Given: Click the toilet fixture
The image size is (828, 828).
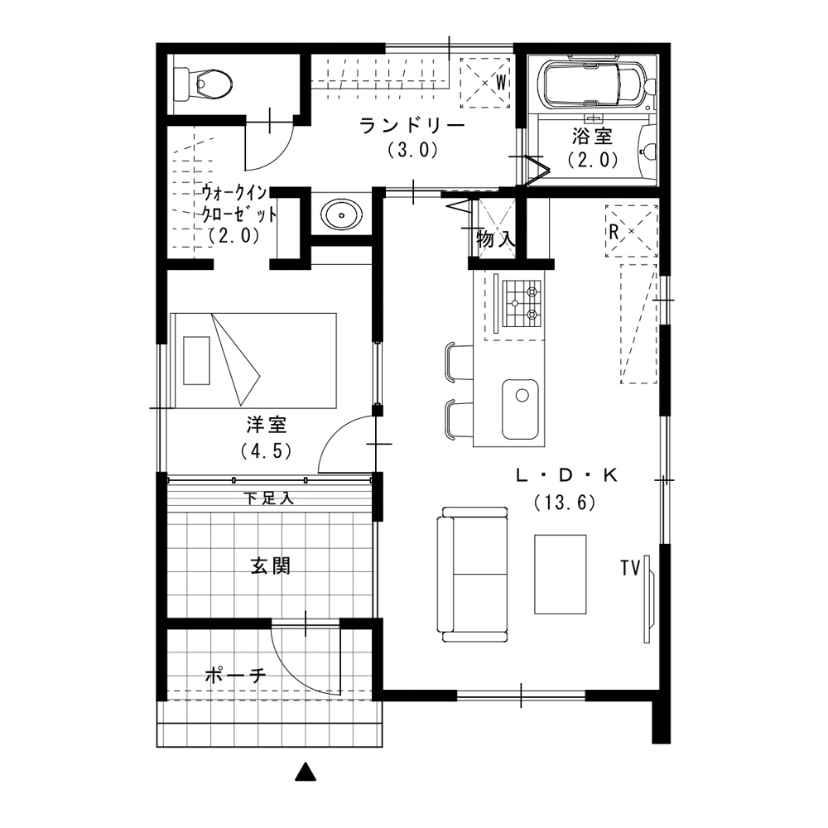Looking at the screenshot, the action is tap(204, 84).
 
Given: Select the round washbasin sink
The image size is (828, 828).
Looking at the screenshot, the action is tap(342, 215).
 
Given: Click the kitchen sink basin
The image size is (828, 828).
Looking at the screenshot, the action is tap(520, 409).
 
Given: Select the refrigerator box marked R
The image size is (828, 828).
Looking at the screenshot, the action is tap(632, 231).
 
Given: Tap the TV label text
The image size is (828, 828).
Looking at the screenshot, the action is tap(630, 568).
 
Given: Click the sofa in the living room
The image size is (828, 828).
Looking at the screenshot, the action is tap(473, 575).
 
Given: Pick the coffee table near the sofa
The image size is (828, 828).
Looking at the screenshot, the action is tap(561, 575).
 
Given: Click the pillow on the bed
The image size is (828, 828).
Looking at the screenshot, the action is tap(196, 360).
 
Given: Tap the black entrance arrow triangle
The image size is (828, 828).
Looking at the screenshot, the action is tap(306, 772).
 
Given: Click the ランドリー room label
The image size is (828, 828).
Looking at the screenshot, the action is tap(412, 126).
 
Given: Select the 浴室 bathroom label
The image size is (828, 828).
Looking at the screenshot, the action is tap(593, 137).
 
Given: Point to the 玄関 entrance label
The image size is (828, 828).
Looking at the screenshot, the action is tap(270, 566).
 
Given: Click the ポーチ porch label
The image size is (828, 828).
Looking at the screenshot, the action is tap(235, 675).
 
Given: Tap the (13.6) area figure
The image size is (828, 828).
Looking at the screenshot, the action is tap(565, 503).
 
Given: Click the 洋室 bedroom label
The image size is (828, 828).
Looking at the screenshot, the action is tap(266, 425).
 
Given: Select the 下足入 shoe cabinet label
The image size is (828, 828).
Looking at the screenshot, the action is tap(269, 498).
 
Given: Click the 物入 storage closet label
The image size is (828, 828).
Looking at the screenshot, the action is tap(495, 238).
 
